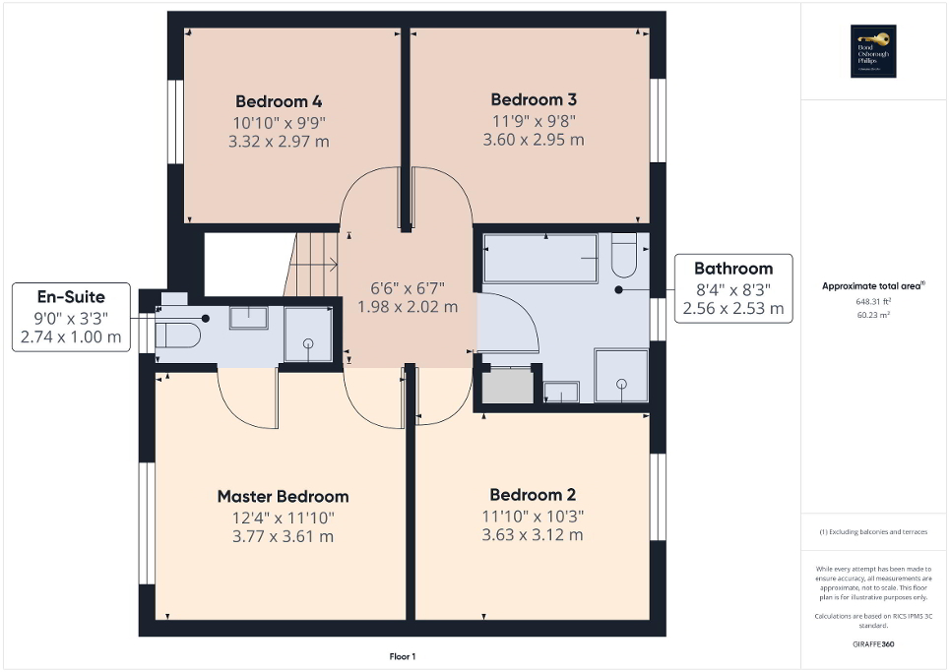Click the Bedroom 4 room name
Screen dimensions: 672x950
tap(279, 101)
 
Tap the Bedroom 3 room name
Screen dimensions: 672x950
tap(533, 99)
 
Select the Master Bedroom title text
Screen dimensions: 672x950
tap(283, 496)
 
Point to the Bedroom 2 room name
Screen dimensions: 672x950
tap(533, 495)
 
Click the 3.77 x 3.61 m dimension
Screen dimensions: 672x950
tap(283, 536)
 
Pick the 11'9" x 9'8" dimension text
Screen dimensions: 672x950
tap(533, 120)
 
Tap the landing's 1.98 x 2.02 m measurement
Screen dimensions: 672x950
tap(408, 307)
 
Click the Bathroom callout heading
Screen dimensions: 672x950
tap(733, 268)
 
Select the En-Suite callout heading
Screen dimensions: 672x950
tap(70, 295)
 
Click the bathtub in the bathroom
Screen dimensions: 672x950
tap(540, 257)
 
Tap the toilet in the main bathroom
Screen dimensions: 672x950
tap(624, 256)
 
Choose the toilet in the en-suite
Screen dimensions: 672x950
tap(178, 336)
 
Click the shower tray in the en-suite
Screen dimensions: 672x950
tap(308, 335)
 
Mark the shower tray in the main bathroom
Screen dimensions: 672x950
tap(621, 375)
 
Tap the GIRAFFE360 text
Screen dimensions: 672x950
tap(873, 644)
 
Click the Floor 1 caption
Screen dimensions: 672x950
tap(403, 656)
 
